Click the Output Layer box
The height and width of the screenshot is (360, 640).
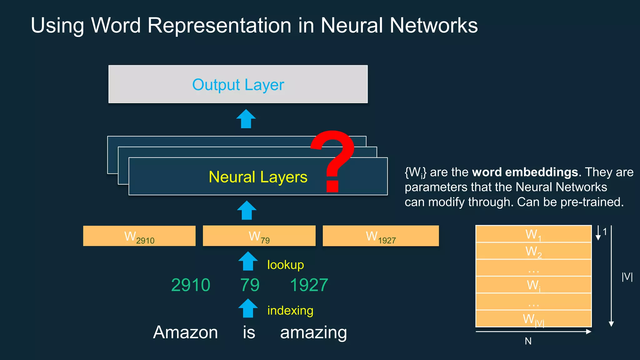pos(238,84)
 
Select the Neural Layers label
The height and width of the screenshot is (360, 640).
pos(258,177)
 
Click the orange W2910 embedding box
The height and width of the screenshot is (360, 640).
pos(139,236)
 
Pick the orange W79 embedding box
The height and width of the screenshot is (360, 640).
pos(259,236)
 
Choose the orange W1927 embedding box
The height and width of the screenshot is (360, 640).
pos(381,236)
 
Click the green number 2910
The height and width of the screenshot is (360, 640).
pos(191,285)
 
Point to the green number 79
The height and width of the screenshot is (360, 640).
pos(250,285)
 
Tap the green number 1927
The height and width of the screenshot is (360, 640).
pos(309,285)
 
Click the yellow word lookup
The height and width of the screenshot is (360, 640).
pos(285,265)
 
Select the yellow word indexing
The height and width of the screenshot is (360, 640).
pos(290,311)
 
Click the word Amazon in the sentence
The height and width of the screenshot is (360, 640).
pos(185,332)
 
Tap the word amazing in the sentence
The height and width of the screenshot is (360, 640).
pos(313,332)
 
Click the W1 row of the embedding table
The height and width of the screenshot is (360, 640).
pos(533,234)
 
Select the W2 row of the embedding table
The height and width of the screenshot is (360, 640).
pos(533,251)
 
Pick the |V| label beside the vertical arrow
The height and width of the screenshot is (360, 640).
pos(627,277)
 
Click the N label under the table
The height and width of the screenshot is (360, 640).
pos(528,341)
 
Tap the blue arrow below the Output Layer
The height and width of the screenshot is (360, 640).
pos(246,119)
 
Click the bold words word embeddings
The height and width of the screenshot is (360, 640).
pos(525,172)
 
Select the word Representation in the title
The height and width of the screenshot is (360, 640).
pos(219,26)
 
